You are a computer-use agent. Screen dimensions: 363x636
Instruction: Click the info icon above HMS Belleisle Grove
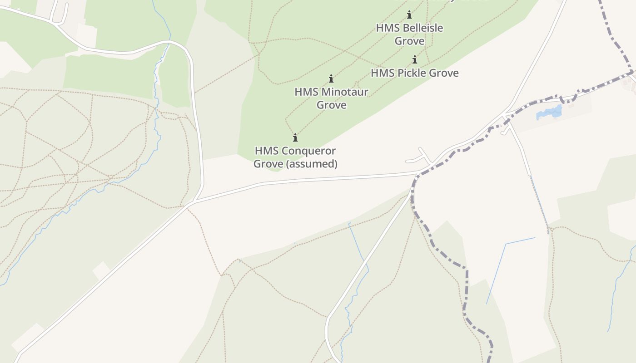pyautogui.click(x=409, y=15)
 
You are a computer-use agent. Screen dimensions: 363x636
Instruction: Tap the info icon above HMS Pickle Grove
pyautogui.click(x=415, y=59)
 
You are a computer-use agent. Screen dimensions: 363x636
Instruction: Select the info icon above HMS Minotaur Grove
pyautogui.click(x=331, y=78)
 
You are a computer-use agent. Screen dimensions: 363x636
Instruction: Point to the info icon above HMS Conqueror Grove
pyautogui.click(x=295, y=137)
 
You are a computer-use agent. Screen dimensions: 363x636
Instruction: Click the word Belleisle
pyautogui.click(x=422, y=28)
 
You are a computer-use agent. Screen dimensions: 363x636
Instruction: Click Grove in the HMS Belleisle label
pyautogui.click(x=409, y=41)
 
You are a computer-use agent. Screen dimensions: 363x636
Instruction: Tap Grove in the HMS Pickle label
pyautogui.click(x=444, y=73)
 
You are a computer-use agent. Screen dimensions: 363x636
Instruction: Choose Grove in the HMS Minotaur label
pyautogui.click(x=331, y=105)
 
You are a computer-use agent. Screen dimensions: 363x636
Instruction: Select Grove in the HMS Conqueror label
pyautogui.click(x=267, y=164)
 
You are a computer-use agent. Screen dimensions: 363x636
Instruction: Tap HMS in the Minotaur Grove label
pyautogui.click(x=305, y=92)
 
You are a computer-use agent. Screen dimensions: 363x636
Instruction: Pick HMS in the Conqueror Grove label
pyautogui.click(x=265, y=151)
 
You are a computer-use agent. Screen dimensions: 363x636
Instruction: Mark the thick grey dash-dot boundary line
pyautogui.click(x=466, y=281)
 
